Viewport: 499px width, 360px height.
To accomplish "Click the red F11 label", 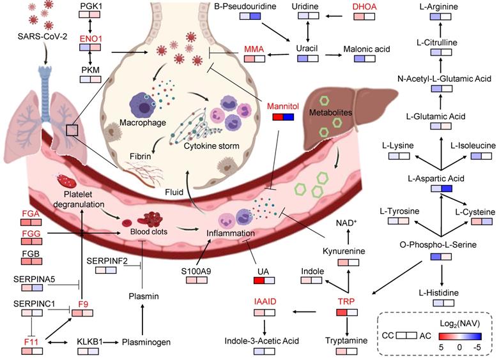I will click(31, 342).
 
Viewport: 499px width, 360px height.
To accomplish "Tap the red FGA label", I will click(31, 213).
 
